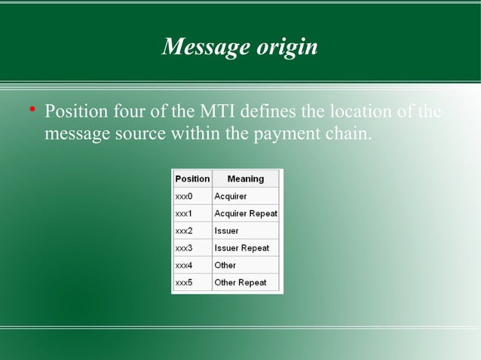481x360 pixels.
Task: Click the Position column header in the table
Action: click(192, 178)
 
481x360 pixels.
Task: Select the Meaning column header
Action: click(246, 178)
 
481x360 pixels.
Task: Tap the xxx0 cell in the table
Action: click(184, 196)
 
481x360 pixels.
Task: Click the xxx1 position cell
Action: click(184, 213)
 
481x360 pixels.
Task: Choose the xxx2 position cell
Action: click(184, 230)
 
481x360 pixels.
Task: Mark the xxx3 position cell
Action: click(184, 248)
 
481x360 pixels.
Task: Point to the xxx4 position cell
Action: click(184, 265)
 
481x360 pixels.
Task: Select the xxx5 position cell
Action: click(184, 282)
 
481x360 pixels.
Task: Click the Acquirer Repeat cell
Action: click(246, 213)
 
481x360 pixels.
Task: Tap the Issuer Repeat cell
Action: click(241, 248)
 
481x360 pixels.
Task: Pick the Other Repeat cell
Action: click(240, 282)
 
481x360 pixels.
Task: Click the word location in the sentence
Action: click(359, 114)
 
